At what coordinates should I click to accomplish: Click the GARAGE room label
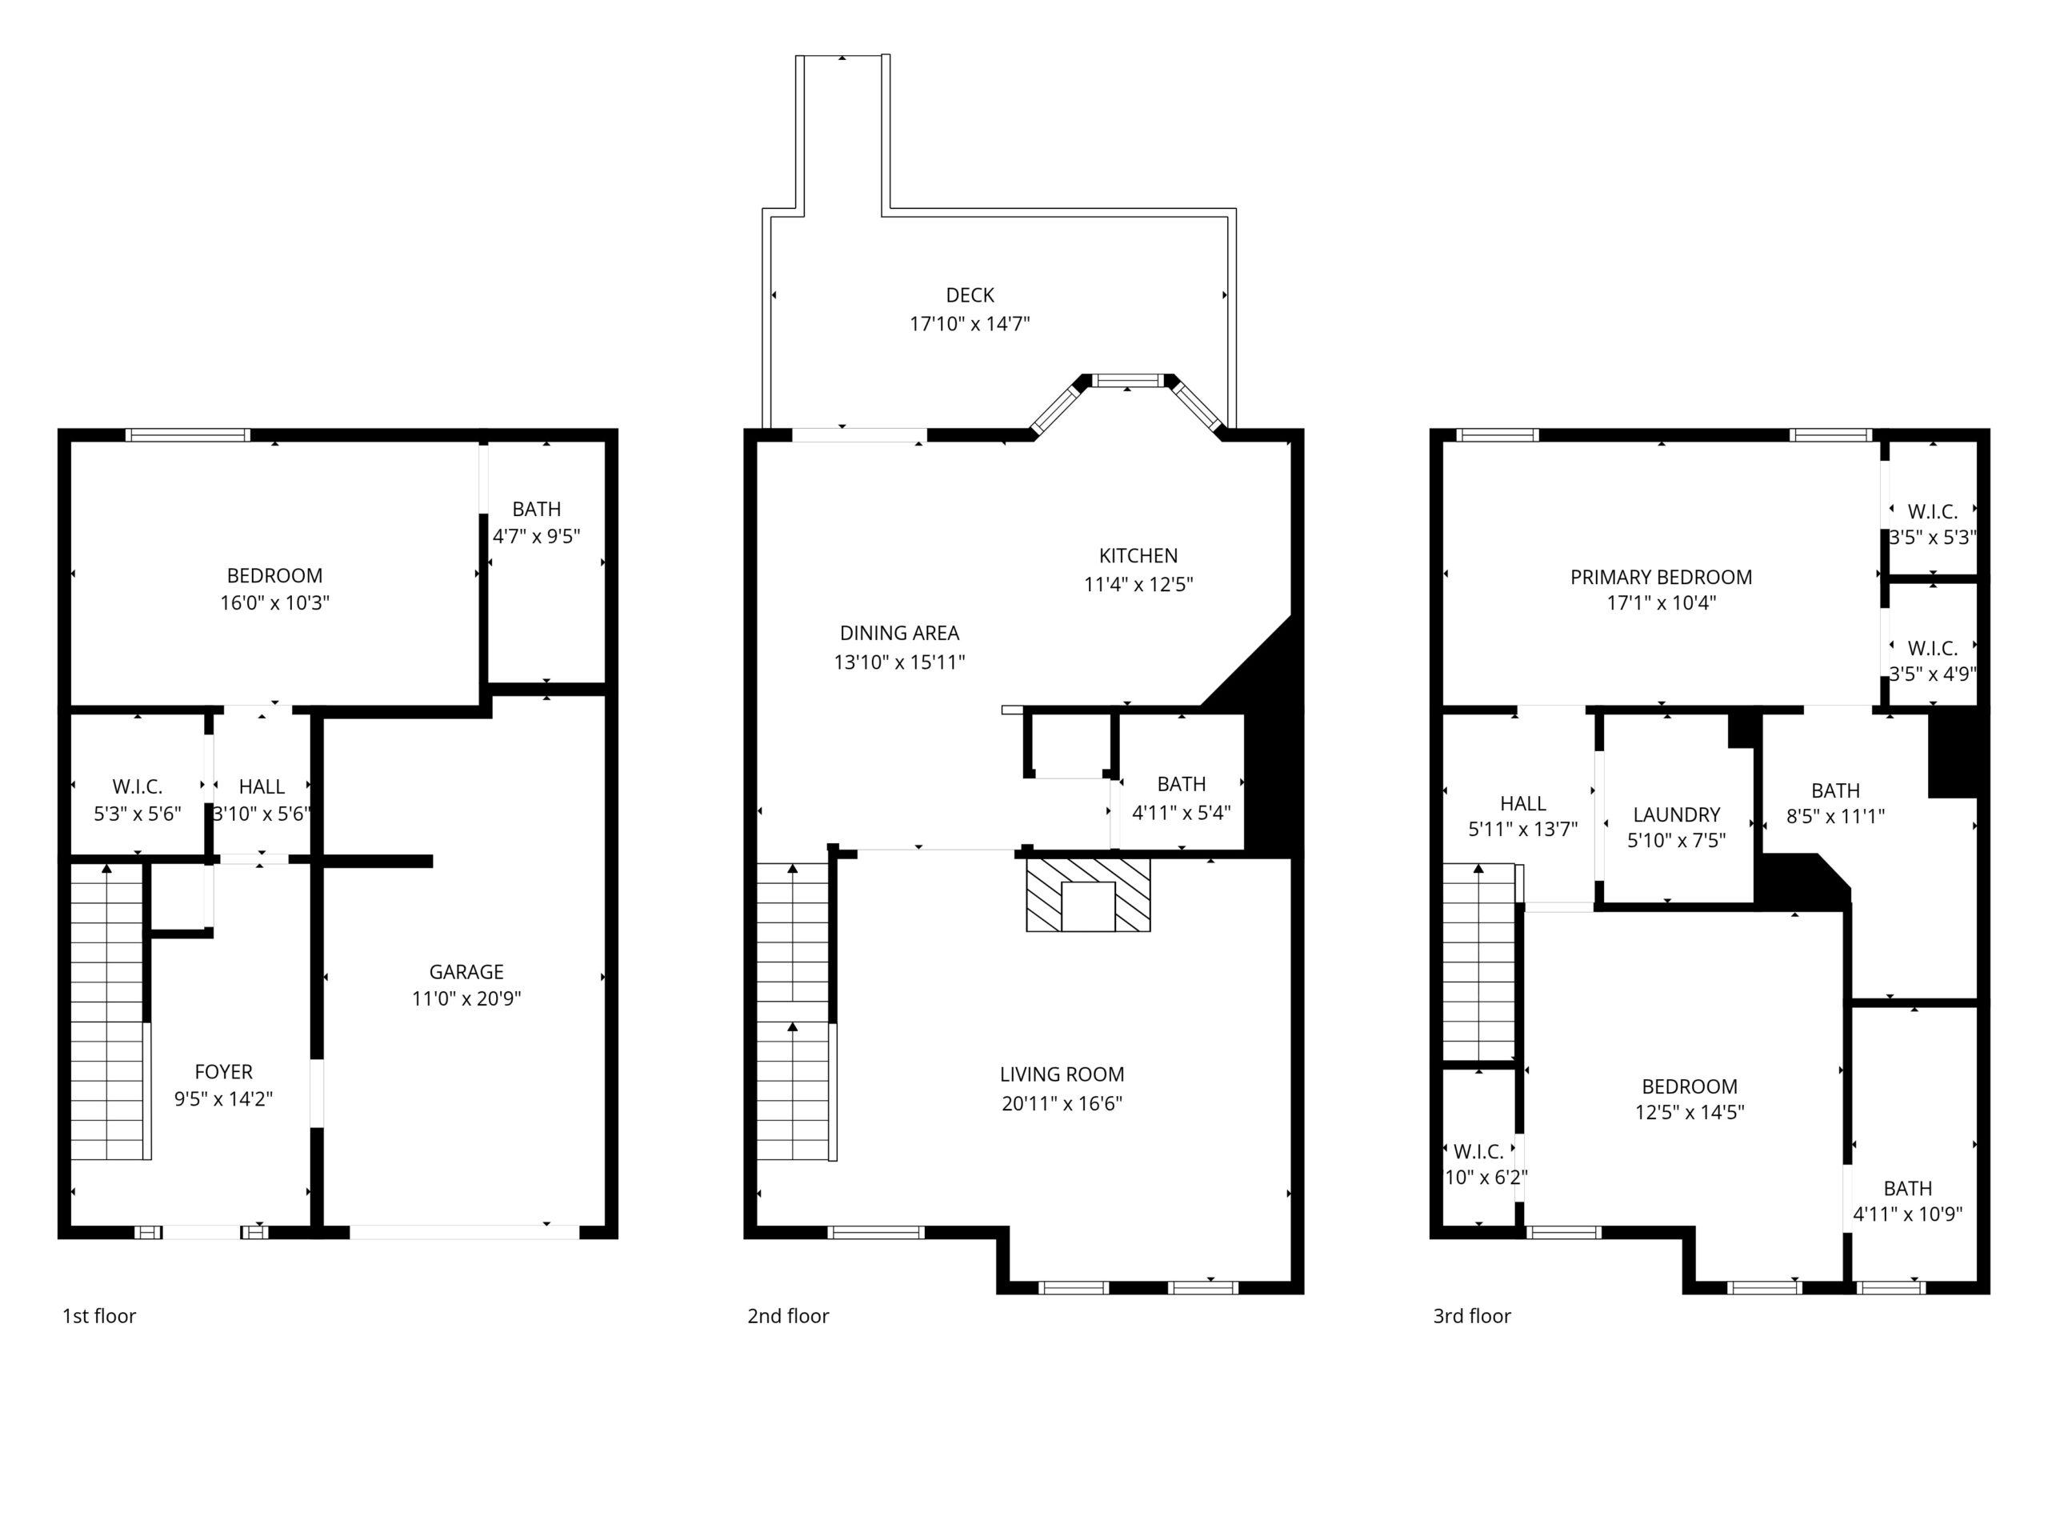pos(466,971)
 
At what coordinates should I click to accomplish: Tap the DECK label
pos(970,295)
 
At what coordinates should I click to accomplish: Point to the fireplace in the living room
pos(1088,894)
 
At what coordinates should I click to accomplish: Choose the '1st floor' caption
pos(99,1316)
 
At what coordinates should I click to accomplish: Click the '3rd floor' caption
pos(1472,1316)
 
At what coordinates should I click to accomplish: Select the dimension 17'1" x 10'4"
pos(1661,602)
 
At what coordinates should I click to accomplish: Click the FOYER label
pos(223,1071)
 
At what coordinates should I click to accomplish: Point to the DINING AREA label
pos(899,634)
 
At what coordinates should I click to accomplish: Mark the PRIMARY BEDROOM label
pos(1661,577)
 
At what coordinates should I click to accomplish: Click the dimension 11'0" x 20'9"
pos(466,998)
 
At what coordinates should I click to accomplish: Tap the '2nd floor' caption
pos(788,1316)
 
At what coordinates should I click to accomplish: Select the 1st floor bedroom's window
pos(188,435)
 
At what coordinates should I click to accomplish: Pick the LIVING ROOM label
pos(1062,1075)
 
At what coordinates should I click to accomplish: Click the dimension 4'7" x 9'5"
pos(536,536)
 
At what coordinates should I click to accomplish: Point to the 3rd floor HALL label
pos(1523,804)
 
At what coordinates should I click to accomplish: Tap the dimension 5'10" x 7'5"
pos(1677,841)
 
